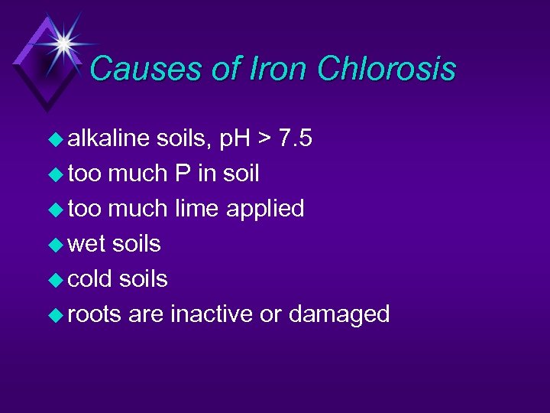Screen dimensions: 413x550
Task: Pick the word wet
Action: (x=86, y=244)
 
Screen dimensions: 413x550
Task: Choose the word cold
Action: (x=89, y=278)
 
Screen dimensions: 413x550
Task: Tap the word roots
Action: (x=95, y=314)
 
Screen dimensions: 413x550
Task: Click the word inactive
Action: (x=212, y=314)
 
